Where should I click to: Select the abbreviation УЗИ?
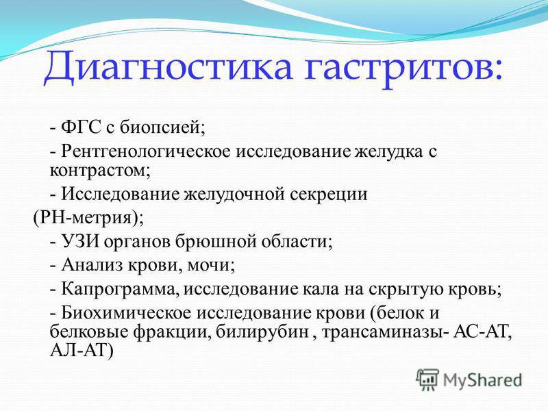(80, 241)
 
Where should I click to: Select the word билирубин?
(262, 332)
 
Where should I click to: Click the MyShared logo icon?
(427, 379)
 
